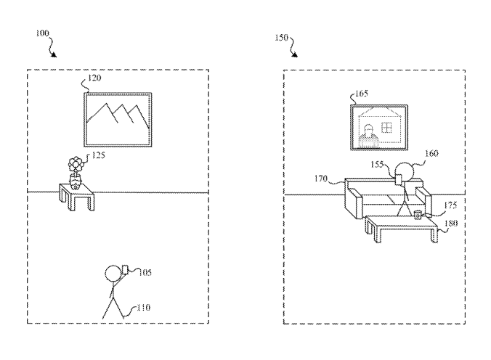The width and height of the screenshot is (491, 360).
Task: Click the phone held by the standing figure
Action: pos(123,270)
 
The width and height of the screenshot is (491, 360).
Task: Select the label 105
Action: pos(144,272)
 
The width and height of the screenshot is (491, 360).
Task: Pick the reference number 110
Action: pos(142,308)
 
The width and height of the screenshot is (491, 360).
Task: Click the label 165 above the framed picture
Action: pos(361,94)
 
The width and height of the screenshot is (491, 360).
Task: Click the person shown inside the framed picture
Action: pos(370,134)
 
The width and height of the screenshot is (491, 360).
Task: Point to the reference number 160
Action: pos(431,154)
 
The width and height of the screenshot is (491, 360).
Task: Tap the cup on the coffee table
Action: pos(418,214)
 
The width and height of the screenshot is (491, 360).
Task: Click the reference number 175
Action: pos(450,206)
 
